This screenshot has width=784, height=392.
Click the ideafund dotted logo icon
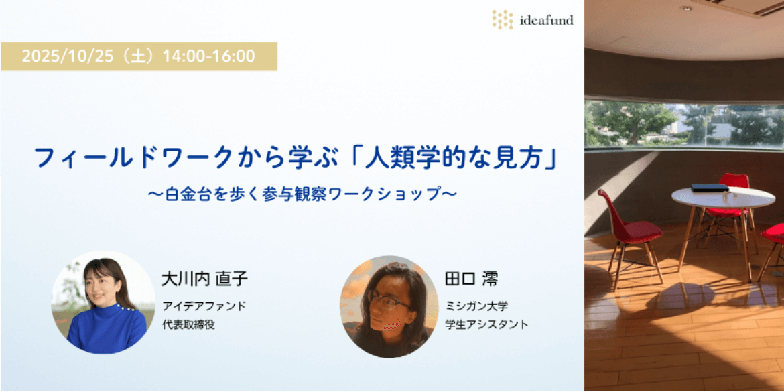[x=502, y=19]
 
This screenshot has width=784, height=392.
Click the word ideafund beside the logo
[x=547, y=21]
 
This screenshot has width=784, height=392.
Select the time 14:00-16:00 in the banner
[x=209, y=56]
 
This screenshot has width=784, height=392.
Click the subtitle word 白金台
[x=184, y=194]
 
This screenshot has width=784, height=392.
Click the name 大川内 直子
[x=204, y=279]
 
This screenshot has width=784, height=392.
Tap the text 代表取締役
[x=188, y=324]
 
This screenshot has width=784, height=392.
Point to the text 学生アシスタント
[x=486, y=324]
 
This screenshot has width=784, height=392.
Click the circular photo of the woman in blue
[x=103, y=303]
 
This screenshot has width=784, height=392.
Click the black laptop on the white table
[x=710, y=188]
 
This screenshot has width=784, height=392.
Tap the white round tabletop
[x=723, y=197]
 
